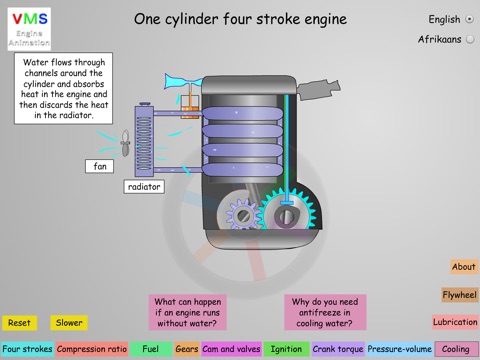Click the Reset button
point(19,323)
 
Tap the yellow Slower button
point(69,323)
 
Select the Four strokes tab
point(27,349)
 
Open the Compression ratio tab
point(92,349)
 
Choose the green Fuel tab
point(151,349)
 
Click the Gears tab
point(187,349)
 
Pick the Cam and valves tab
point(231,349)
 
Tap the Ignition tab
point(286,349)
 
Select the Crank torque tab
point(338,349)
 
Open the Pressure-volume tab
point(400,349)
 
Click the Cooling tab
point(456,349)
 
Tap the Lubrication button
point(455,322)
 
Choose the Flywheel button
point(459,295)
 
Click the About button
point(464,267)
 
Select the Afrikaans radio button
point(470,39)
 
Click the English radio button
point(470,19)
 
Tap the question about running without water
point(187,312)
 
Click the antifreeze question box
point(325,312)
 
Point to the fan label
point(100,166)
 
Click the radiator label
point(144,187)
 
